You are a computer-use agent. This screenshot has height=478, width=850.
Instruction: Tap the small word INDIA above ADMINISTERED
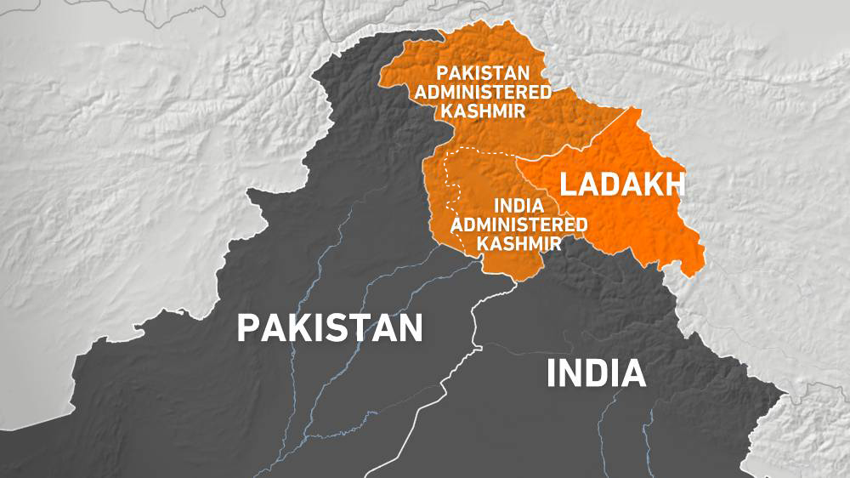tap(519, 206)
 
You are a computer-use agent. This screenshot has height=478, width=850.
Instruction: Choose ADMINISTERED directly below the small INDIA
tap(519, 225)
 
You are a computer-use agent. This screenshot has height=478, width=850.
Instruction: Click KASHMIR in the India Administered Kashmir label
tap(519, 242)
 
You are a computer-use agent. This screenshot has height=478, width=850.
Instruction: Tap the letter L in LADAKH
tap(565, 185)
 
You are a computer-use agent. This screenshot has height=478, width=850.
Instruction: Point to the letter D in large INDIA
tap(596, 373)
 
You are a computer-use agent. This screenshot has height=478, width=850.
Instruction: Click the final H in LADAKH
tap(676, 185)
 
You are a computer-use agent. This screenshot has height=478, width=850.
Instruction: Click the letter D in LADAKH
tap(609, 185)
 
